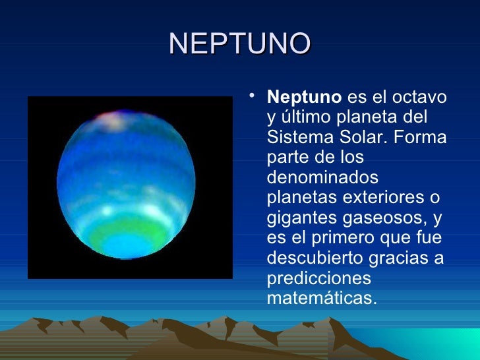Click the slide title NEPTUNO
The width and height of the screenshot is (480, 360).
coord(239,44)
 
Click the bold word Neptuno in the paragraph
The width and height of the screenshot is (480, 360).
coord(303,98)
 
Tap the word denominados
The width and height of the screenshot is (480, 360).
coord(322,178)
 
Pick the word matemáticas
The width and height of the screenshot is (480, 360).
coord(322,298)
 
